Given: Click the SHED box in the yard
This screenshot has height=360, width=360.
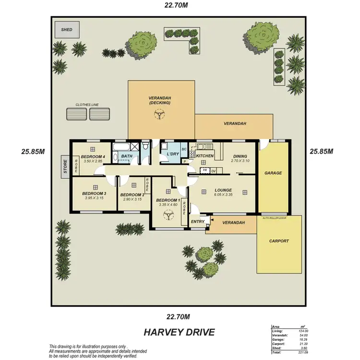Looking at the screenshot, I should (66, 29).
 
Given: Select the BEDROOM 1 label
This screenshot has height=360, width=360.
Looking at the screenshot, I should (168, 200).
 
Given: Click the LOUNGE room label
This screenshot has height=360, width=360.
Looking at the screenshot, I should (223, 190).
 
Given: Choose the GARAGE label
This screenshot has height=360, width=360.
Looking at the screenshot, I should (273, 173).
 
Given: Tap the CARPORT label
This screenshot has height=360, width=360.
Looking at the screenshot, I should (279, 241).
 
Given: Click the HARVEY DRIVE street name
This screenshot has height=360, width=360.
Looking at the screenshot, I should (179, 332).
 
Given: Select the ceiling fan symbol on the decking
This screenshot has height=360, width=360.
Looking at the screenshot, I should (159, 114).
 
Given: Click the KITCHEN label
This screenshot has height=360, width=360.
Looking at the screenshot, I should (204, 156).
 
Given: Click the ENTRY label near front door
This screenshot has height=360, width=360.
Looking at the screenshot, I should (197, 222).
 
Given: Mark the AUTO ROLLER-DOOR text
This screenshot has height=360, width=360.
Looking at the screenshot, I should (275, 217).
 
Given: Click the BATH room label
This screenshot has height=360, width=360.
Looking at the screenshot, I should (127, 156).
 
